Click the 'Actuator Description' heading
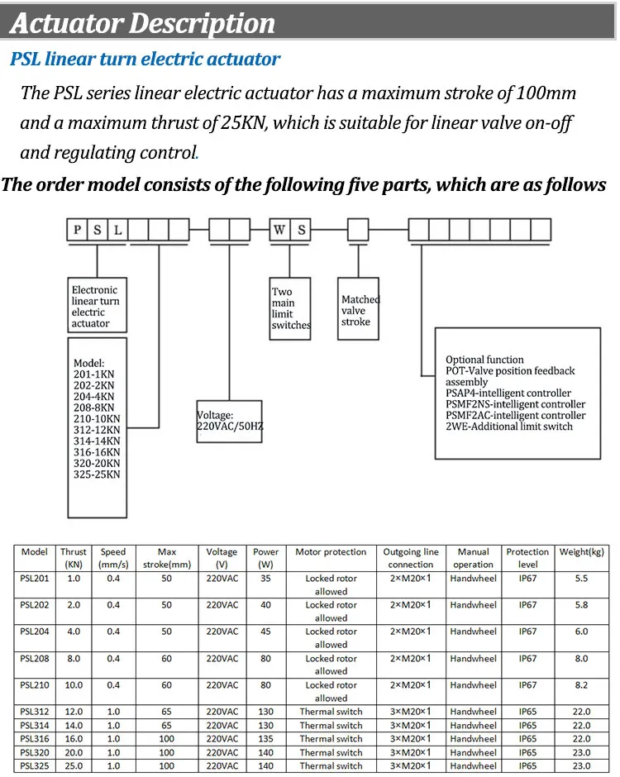(142, 22)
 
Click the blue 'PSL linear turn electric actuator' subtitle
(145, 60)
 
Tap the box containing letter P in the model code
(78, 230)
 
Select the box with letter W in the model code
(280, 230)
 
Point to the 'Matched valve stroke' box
(360, 310)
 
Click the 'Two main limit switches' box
(290, 308)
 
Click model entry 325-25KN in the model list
(97, 474)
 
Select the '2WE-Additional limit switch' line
(508, 427)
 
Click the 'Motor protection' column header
(331, 552)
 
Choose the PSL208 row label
(35, 659)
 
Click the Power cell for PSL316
(265, 738)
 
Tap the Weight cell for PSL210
(581, 685)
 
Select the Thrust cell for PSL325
(74, 765)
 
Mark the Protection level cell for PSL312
(527, 712)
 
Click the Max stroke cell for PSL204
(167, 632)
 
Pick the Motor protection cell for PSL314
(331, 725)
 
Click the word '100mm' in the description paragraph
(543, 93)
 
